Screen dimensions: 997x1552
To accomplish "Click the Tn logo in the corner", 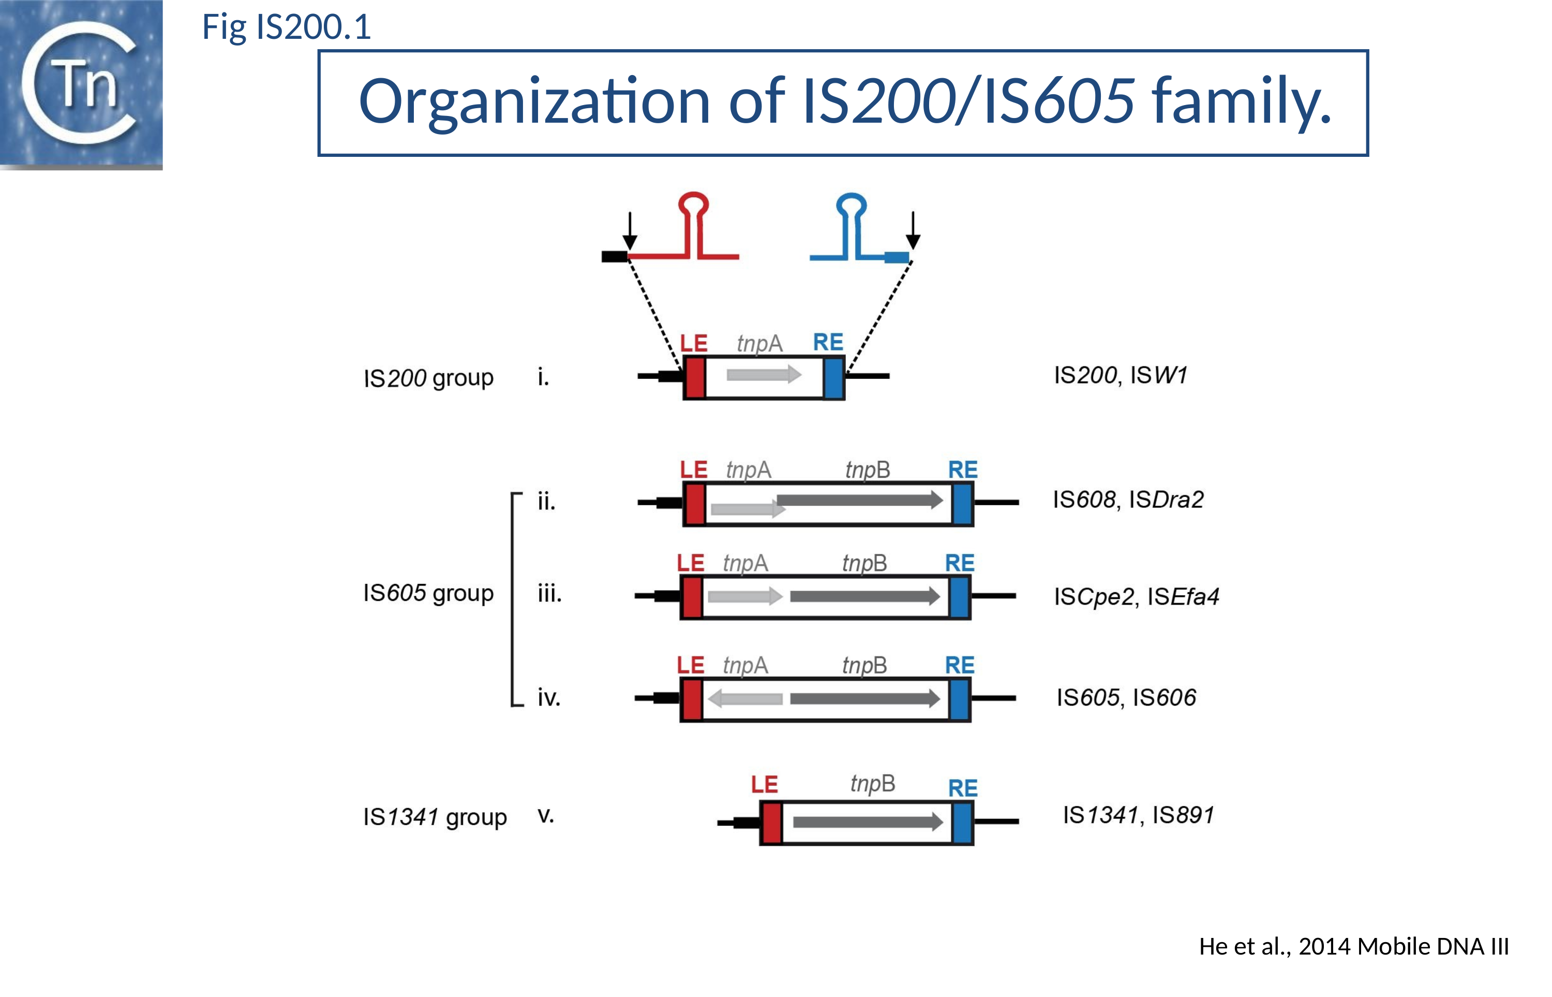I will click(x=81, y=84).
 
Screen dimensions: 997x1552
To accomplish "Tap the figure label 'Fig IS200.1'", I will click(x=286, y=27).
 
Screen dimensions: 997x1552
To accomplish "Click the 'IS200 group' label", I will click(x=428, y=377).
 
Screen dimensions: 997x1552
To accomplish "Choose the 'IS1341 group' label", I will click(x=435, y=817).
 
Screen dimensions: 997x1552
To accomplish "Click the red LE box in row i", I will click(x=695, y=377).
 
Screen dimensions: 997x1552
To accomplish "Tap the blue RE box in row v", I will click(x=963, y=822).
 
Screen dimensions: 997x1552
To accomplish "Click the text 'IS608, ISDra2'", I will click(x=1128, y=500).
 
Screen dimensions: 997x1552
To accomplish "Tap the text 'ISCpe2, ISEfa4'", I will click(x=1136, y=596).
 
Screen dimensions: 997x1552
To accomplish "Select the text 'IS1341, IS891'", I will click(x=1138, y=815).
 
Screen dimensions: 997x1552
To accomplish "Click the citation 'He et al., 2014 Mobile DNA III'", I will click(x=1353, y=946).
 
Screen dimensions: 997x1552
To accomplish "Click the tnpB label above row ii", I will click(x=868, y=470).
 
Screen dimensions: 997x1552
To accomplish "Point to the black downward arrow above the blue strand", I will click(x=912, y=230).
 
